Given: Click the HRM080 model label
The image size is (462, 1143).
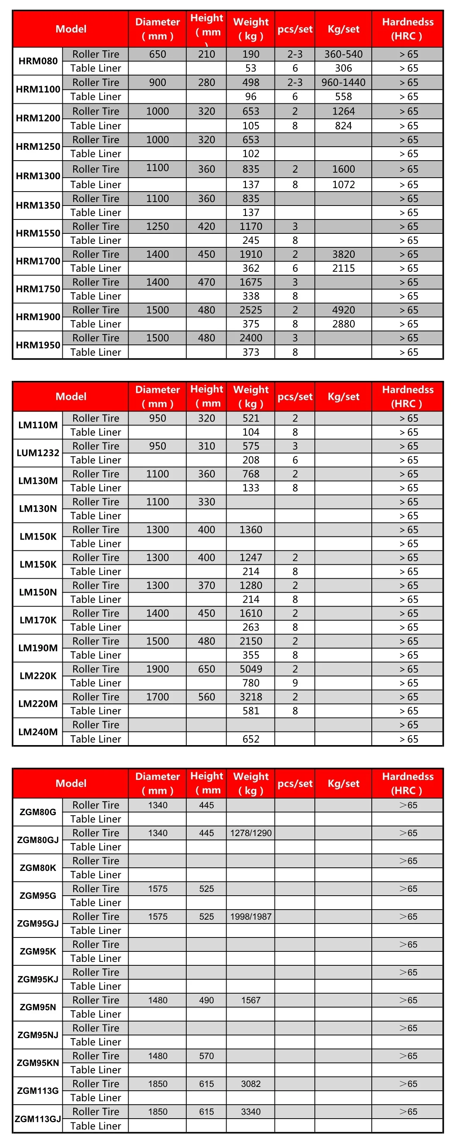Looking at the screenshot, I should point(38,61).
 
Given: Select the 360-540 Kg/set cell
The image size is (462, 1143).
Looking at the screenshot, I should point(343,54).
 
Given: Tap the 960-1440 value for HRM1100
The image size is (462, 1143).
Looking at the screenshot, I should point(343,82).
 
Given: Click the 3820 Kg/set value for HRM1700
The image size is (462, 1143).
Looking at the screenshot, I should point(343,254).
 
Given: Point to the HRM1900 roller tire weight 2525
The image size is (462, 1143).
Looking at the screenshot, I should point(251,310).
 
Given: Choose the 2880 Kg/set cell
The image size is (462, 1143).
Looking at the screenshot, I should point(343,324).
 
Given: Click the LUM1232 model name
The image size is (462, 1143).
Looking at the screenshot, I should point(38,452).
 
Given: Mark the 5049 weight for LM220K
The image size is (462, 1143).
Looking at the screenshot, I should point(251,669).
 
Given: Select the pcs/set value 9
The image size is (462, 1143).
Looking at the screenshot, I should point(295,683).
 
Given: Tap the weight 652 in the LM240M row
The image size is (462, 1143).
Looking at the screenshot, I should point(251,739).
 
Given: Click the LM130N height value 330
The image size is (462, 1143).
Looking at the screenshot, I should point(206,502).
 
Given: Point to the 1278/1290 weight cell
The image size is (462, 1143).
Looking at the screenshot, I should point(251,833).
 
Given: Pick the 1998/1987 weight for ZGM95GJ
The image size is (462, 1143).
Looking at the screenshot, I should point(251,916).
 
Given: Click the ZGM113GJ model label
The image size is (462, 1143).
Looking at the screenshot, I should point(38,1119).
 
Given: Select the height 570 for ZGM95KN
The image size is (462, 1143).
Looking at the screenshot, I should point(206,1056).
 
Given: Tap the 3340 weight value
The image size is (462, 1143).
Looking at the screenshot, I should point(251,1112).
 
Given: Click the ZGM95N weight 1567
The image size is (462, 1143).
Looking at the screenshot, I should point(251,1000).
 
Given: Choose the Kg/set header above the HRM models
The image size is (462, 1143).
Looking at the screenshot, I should point(343,29).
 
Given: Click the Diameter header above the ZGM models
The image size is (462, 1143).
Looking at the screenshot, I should point(158,783).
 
